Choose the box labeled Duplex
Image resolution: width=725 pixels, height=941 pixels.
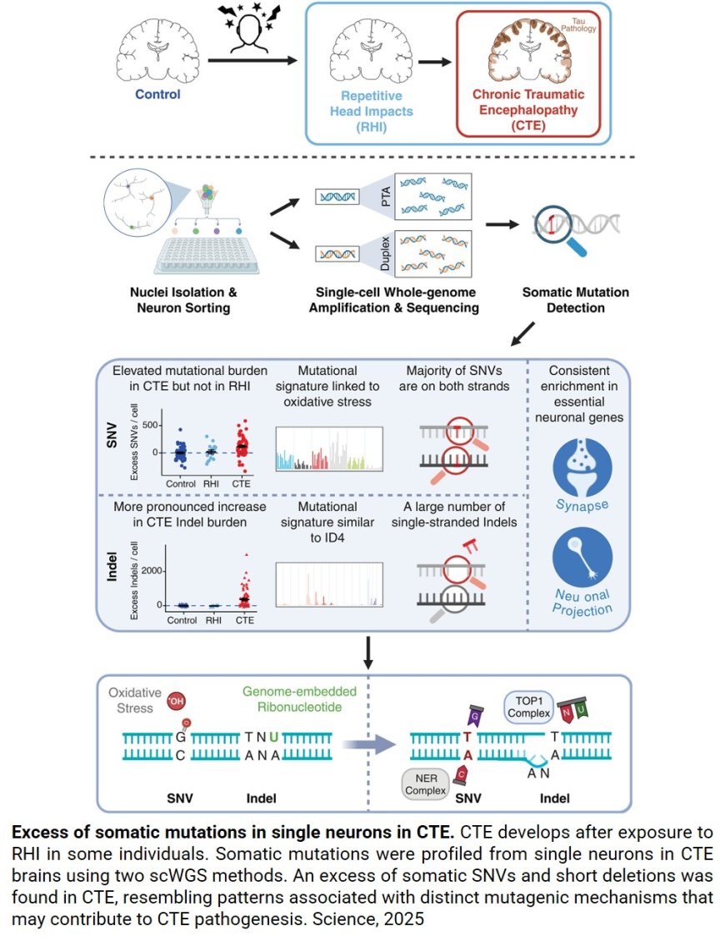(433, 253)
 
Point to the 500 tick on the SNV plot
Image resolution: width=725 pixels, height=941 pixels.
(147, 425)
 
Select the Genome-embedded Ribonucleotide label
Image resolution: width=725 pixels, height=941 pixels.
(300, 700)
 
